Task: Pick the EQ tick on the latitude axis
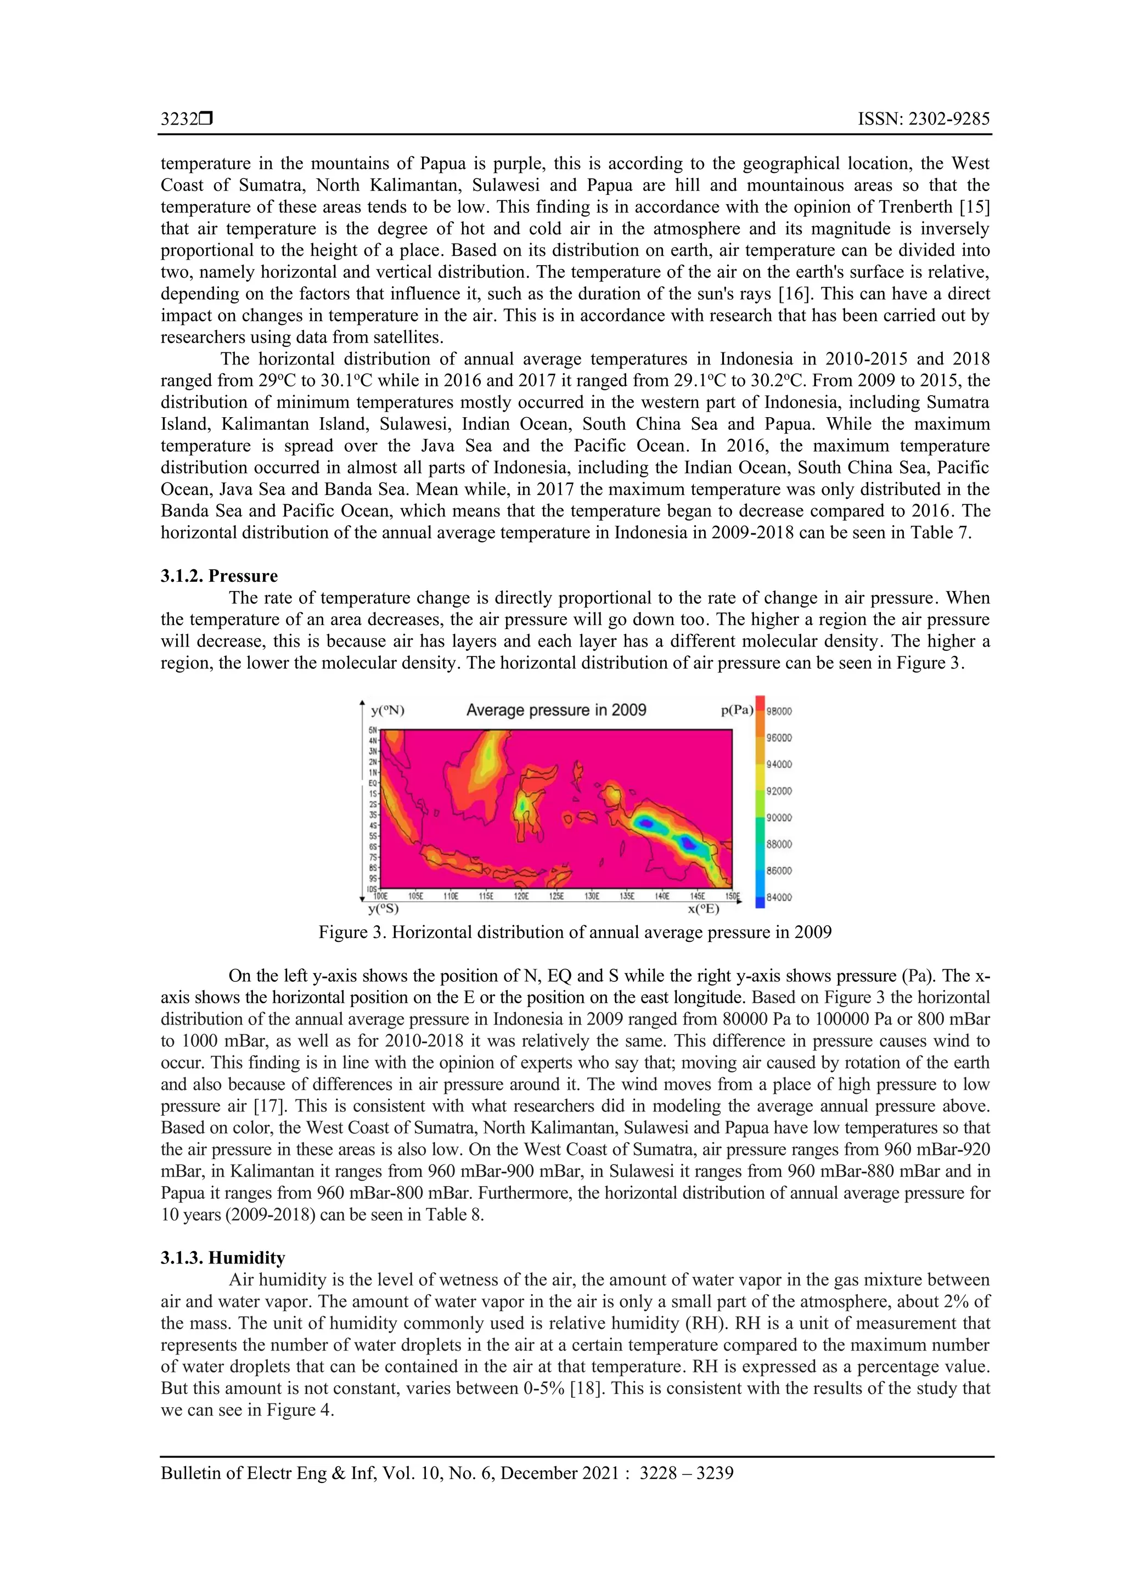[373, 783]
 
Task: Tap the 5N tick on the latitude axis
[373, 730]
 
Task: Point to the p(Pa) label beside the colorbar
[737, 711]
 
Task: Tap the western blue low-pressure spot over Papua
[645, 823]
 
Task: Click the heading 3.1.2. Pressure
[219, 576]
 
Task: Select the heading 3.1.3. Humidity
[223, 1258]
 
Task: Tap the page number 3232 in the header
[179, 119]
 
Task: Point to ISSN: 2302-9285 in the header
[924, 119]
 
